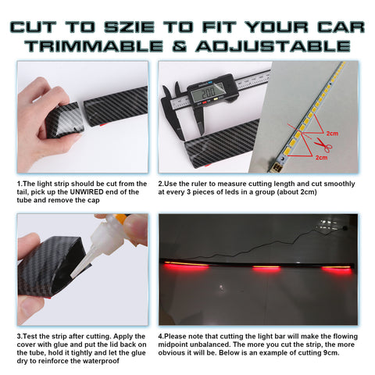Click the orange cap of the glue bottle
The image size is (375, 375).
point(120,220)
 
